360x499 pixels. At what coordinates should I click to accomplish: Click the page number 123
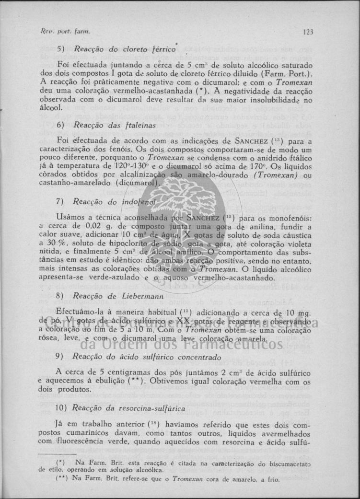tap(308, 32)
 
